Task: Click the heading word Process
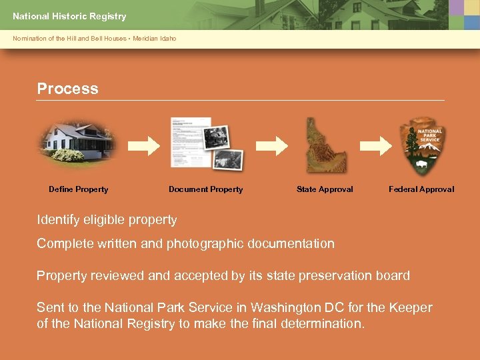pyautogui.click(x=67, y=89)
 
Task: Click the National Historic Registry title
pyautogui.click(x=69, y=16)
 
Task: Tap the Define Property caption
pyautogui.click(x=78, y=189)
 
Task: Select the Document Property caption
pyautogui.click(x=205, y=189)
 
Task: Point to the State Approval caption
pyautogui.click(x=325, y=189)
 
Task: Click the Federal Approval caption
pyautogui.click(x=421, y=189)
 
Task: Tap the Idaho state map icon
pyautogui.click(x=325, y=145)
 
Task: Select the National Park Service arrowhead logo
pyautogui.click(x=421, y=147)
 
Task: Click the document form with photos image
pyautogui.click(x=207, y=143)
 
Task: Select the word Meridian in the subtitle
pyautogui.click(x=146, y=39)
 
